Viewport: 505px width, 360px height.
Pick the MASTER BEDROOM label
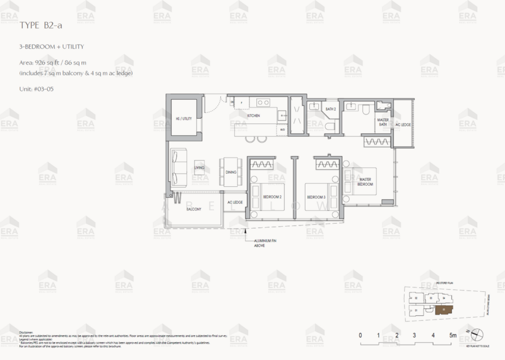[x=367, y=182]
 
